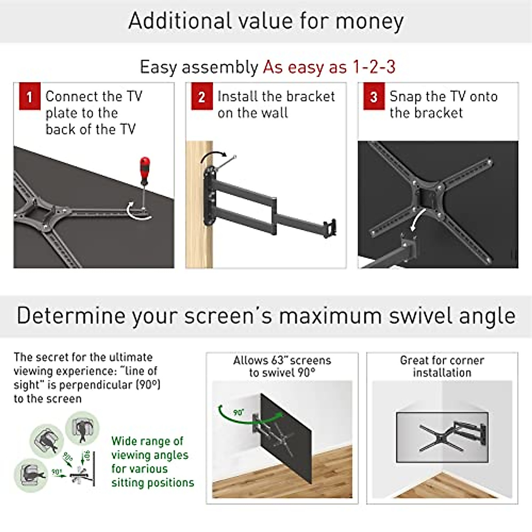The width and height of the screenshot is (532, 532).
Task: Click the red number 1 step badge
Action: pyautogui.click(x=30, y=97)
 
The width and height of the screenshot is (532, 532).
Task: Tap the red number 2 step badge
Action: pyautogui.click(x=202, y=97)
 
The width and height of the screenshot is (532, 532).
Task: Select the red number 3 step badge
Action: pyautogui.click(x=374, y=97)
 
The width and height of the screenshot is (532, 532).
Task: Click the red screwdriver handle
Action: pyautogui.click(x=145, y=171)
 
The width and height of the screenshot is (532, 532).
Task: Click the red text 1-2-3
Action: pyautogui.click(x=373, y=67)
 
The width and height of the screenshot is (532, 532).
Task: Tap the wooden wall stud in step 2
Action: pyautogui.click(x=199, y=204)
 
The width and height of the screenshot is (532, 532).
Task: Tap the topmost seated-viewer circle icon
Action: pyautogui.click(x=82, y=428)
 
